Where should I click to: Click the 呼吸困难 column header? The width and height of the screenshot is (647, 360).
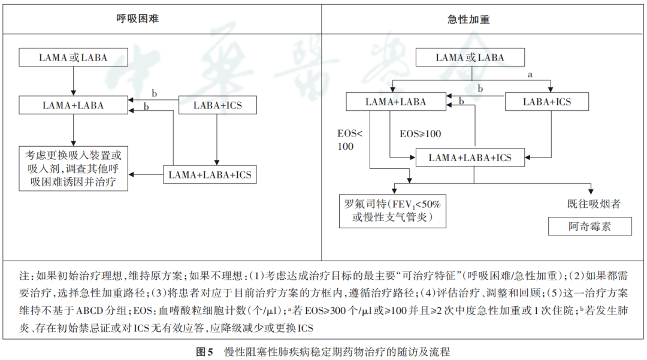click(137, 19)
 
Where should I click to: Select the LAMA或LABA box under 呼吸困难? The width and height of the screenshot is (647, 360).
click(73, 58)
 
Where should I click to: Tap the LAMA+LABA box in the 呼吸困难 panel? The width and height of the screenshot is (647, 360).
click(73, 105)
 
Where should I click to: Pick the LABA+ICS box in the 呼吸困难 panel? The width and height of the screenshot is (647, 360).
click(218, 105)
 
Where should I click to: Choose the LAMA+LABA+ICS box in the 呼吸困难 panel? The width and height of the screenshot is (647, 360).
click(210, 175)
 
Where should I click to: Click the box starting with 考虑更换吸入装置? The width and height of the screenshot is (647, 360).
click(73, 169)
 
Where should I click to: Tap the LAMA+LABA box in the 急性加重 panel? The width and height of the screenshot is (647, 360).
click(395, 102)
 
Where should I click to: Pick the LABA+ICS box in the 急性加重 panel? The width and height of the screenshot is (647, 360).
click(547, 102)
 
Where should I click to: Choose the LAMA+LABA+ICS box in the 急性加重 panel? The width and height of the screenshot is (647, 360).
click(470, 158)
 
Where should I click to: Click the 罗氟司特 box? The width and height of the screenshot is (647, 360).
click(393, 210)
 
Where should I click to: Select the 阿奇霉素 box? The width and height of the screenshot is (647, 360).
click(590, 226)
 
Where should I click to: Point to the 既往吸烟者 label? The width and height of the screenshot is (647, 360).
click(594, 204)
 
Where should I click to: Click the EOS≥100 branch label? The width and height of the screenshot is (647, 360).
click(421, 134)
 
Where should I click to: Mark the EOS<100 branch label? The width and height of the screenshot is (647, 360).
click(350, 140)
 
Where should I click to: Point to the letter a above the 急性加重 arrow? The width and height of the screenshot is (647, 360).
click(529, 75)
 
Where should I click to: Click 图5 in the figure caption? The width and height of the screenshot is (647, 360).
click(205, 352)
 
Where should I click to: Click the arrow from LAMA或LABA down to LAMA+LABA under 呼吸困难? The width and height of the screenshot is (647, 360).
click(73, 81)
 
